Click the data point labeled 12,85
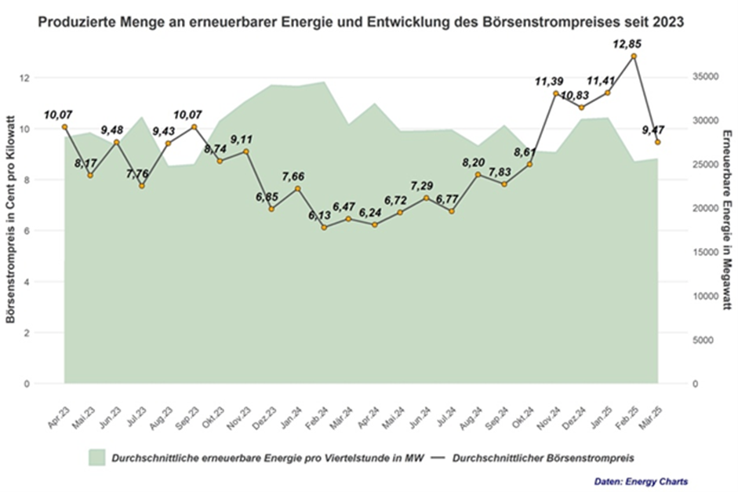click(x=634, y=56)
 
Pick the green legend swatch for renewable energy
click(x=96, y=457)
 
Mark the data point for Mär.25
click(x=659, y=143)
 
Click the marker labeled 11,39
click(x=556, y=93)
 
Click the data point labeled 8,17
click(x=90, y=175)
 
